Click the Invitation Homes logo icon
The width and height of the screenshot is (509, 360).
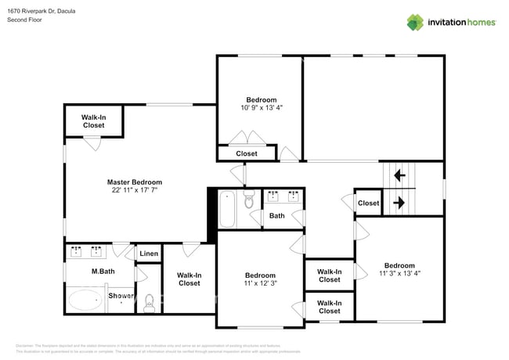tap(416, 22)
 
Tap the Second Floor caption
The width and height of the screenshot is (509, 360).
tap(24, 20)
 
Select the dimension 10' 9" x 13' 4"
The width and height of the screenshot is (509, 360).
tap(261, 108)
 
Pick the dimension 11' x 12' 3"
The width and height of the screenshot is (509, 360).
tap(260, 284)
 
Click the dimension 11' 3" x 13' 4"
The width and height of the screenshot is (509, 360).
tap(399, 274)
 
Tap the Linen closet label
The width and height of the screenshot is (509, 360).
tap(149, 254)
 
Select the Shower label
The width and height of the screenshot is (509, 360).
tap(121, 296)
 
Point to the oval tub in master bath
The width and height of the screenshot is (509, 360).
tap(85, 299)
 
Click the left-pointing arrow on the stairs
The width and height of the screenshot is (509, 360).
tap(399, 175)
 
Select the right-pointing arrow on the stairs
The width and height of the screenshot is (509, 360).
tap(399, 202)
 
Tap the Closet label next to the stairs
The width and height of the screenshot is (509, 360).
tap(368, 203)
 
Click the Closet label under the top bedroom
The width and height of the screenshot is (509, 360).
tap(247, 153)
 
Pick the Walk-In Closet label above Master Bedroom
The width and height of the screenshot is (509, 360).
tap(93, 121)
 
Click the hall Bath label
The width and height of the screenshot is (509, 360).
tap(277, 215)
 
